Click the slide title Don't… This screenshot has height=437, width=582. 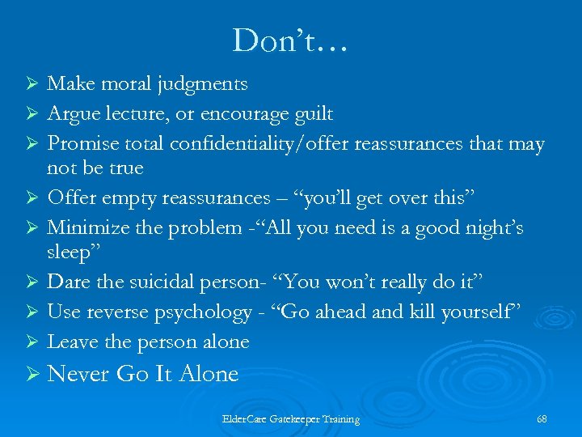tap(290, 40)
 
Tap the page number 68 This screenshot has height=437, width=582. tap(542, 419)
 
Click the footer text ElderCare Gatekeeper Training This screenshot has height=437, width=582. tap(291, 419)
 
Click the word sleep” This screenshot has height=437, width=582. tap(73, 252)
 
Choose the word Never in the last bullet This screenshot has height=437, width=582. tap(79, 374)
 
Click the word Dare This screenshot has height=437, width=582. tap(67, 282)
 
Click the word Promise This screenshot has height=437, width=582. tap(82, 143)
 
